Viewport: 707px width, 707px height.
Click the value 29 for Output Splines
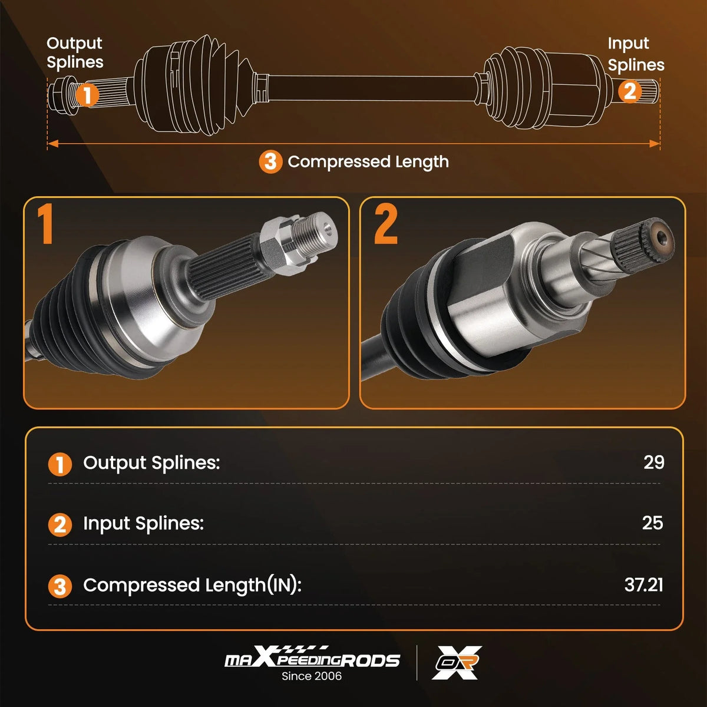click(x=654, y=462)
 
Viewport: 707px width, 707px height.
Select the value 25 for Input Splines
click(x=653, y=523)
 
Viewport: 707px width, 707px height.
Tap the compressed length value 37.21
click(x=644, y=584)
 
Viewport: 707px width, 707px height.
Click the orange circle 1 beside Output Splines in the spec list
click(x=60, y=464)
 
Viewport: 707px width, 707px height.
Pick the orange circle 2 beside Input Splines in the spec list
click(x=60, y=525)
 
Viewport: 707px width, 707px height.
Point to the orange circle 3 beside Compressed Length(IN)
click(x=60, y=586)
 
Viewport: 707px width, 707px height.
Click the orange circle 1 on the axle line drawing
click(x=87, y=95)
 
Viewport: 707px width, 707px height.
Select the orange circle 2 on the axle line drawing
click(x=630, y=91)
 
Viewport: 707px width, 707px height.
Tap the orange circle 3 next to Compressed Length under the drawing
click(x=270, y=162)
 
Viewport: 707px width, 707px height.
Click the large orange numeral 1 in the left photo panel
click(x=46, y=224)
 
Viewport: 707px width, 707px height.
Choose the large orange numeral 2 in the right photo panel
click(x=385, y=224)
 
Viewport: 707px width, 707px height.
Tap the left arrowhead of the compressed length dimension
click(x=53, y=143)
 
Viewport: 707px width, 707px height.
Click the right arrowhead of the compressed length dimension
click(x=654, y=143)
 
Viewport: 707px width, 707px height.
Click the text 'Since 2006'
click(x=312, y=676)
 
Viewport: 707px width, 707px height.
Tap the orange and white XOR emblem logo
click(x=457, y=662)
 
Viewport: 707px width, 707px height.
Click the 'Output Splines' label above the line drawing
click(x=75, y=53)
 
